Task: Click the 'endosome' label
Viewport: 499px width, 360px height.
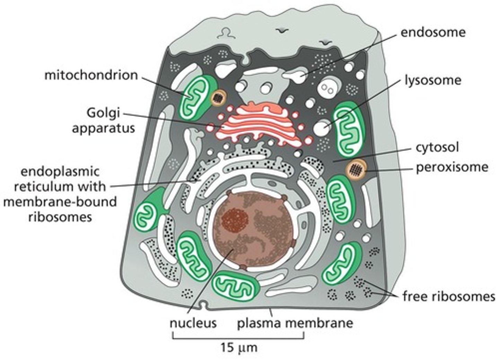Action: click(433, 32)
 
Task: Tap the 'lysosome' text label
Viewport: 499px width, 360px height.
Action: click(433, 80)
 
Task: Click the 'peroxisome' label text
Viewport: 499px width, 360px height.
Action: click(452, 167)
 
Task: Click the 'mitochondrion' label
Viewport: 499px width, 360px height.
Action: click(91, 75)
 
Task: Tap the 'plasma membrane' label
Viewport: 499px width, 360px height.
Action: click(295, 323)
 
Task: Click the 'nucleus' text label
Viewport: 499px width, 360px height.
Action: click(193, 323)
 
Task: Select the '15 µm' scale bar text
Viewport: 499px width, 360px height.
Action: click(239, 347)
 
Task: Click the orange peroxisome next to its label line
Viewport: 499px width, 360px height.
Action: click(356, 169)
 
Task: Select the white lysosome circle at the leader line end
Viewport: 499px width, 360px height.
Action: click(322, 129)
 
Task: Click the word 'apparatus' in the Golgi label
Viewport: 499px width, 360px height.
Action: click(103, 128)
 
